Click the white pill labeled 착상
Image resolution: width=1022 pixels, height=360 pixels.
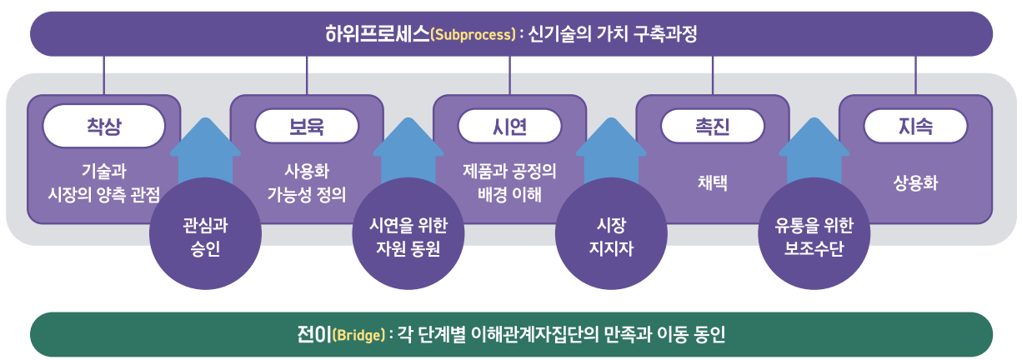pos(103,126)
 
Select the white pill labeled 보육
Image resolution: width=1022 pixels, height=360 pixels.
pos(306,126)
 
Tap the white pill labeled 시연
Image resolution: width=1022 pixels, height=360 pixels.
pos(509,126)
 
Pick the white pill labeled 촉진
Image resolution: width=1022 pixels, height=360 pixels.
pos(712,126)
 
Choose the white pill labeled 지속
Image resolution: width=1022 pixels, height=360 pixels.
pos(915,126)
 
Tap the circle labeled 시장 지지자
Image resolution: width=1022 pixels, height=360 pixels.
pos(611,234)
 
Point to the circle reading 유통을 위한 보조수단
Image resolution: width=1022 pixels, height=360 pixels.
pos(814,234)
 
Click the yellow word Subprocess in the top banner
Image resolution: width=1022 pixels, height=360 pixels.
pos(473,35)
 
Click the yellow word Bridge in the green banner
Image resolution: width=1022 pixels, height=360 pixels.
pos(359,336)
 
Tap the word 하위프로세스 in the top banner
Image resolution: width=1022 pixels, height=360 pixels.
pos(377,34)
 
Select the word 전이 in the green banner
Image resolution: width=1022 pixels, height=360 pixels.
pos(313,335)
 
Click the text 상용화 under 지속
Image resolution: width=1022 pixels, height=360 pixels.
pos(915,183)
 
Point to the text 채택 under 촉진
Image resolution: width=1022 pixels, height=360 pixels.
pos(712,183)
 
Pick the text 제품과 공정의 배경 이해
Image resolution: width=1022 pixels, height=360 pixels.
pos(509,182)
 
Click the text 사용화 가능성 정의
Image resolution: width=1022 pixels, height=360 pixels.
pos(306,182)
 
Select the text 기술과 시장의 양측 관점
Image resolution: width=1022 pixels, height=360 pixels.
pos(103,182)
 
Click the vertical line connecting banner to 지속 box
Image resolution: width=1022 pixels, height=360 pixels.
pos(915,75)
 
